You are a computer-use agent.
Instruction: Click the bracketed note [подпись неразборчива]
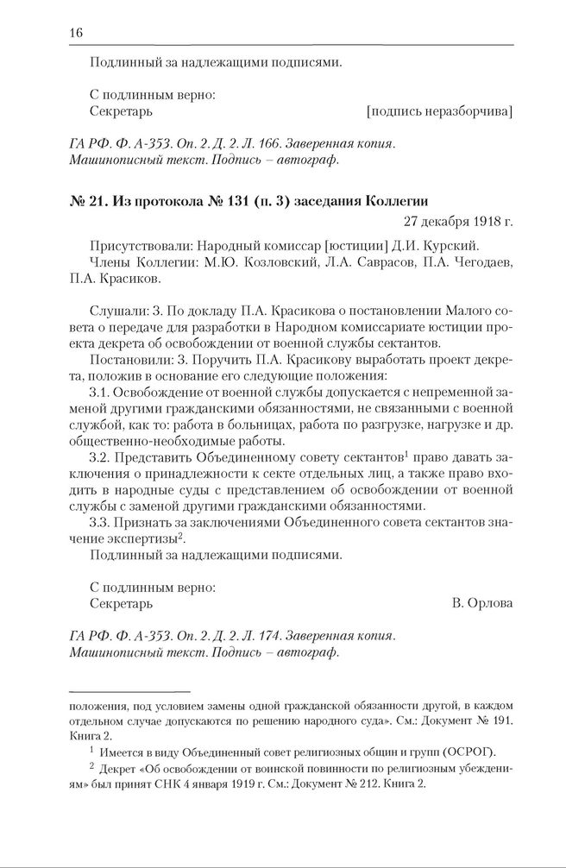438,111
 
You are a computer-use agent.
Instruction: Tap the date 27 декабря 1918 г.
457,222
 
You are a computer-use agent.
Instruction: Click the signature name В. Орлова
481,603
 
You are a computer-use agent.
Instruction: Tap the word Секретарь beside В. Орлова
121,603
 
